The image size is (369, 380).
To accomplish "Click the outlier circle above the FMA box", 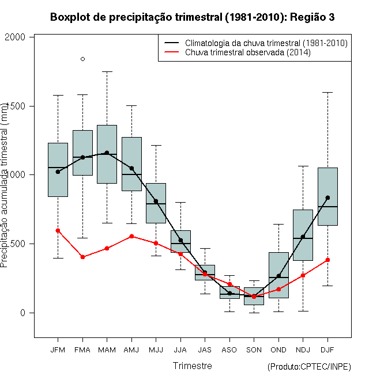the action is (83, 59).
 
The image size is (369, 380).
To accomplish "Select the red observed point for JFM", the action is (58, 231).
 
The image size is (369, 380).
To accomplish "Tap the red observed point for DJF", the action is (327, 260).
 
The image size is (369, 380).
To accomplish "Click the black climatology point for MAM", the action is (107, 153).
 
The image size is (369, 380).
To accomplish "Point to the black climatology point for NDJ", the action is (303, 237).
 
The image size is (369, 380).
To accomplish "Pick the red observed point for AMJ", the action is (131, 236).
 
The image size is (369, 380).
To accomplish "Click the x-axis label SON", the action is (254, 350).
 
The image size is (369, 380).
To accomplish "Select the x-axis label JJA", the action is (180, 350).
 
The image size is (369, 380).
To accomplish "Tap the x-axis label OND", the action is (278, 350).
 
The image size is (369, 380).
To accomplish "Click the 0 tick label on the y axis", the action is (23, 313).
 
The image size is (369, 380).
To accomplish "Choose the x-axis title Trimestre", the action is (192, 366).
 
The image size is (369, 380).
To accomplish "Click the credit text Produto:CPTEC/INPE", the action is (309, 367).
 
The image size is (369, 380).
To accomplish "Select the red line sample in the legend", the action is (171, 52).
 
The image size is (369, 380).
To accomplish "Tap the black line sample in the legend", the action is (171, 43).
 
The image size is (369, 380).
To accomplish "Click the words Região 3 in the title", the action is (312, 17).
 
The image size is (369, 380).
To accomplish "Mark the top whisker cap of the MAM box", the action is (107, 72).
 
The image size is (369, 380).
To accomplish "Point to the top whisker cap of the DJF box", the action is (327, 92).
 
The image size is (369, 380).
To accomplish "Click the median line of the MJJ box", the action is (156, 204).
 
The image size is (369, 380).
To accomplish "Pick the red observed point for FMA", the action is (82, 257).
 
